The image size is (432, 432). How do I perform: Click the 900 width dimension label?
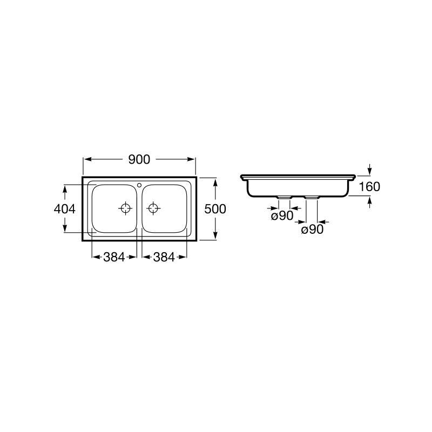[x=139, y=159]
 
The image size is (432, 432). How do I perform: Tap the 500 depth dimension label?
[x=215, y=209]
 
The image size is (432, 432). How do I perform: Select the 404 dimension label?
[x=64, y=209]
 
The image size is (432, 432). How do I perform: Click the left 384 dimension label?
[x=114, y=258]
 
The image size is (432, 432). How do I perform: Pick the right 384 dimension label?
[x=164, y=258]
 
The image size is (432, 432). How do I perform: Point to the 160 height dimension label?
[x=369, y=187]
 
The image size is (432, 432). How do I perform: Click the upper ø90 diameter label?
[x=282, y=215]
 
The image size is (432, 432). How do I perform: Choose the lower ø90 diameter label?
[x=313, y=229]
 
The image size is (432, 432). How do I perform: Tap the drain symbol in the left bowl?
[x=125, y=208]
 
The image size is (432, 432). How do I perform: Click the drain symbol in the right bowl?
[x=153, y=208]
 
